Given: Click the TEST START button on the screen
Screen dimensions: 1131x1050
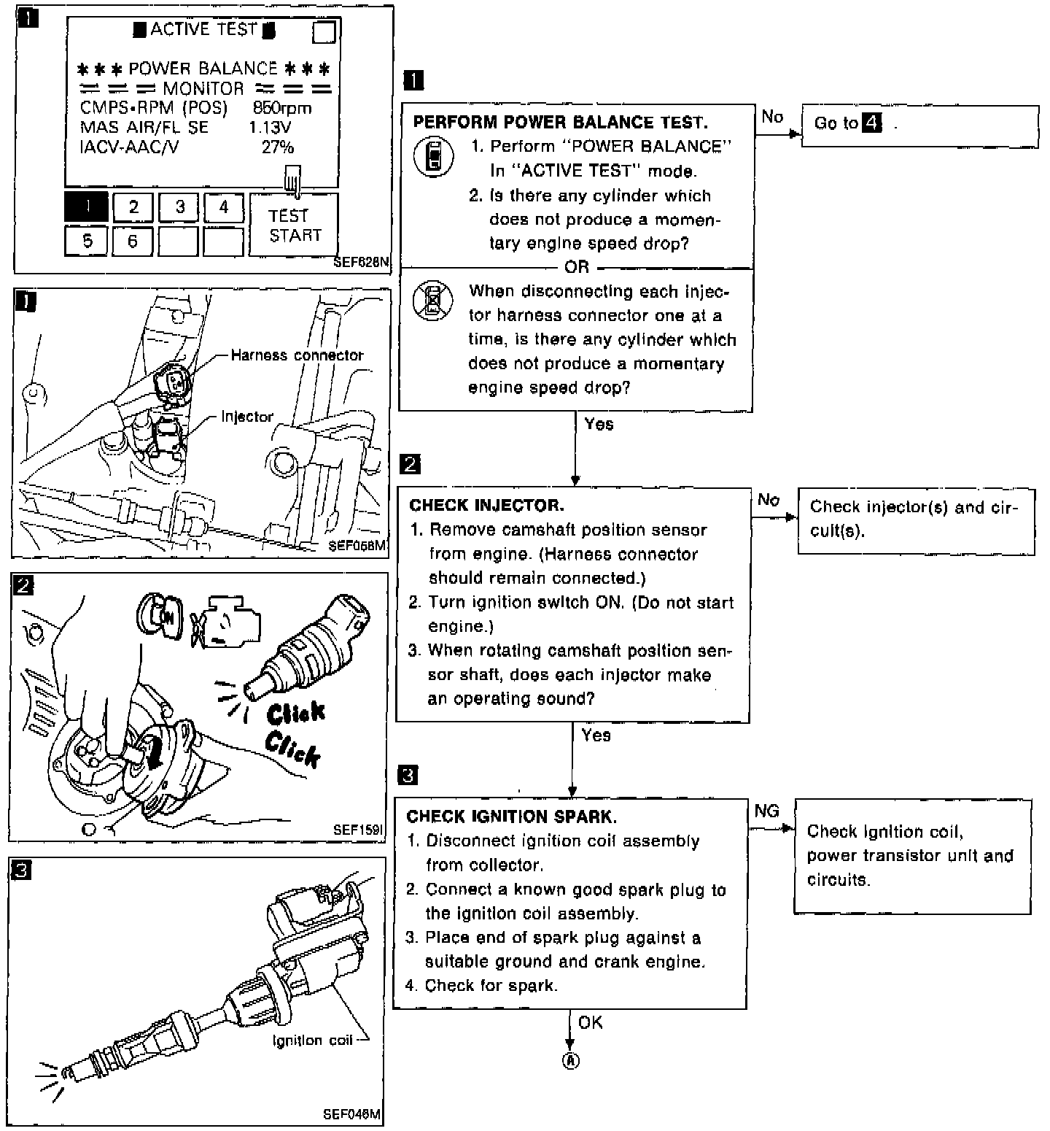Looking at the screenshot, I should pyautogui.click(x=294, y=225).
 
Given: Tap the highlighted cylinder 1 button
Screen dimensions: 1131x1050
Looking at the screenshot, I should pyautogui.click(x=86, y=207).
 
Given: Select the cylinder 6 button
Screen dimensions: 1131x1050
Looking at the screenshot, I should pyautogui.click(x=132, y=241).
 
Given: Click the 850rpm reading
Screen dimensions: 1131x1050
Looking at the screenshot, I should pyautogui.click(x=282, y=108).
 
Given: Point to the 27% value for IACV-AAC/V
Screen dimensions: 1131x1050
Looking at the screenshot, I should pyautogui.click(x=278, y=147).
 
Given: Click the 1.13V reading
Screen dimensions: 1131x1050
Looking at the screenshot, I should pyautogui.click(x=270, y=128).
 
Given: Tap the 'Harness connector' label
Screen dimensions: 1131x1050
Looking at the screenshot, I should pyautogui.click(x=297, y=355).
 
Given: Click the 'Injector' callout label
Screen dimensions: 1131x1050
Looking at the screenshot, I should pyautogui.click(x=247, y=417).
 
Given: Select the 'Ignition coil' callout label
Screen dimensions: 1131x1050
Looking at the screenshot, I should pyautogui.click(x=312, y=1041).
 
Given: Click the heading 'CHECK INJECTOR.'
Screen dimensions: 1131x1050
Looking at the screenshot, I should pyautogui.click(x=486, y=506).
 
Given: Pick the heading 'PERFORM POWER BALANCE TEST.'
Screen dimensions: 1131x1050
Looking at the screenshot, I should pyautogui.click(x=560, y=122).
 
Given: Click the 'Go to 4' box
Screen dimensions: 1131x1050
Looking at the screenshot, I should pyautogui.click(x=919, y=126).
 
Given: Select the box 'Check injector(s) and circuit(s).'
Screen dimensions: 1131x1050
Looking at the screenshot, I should pyautogui.click(x=916, y=520).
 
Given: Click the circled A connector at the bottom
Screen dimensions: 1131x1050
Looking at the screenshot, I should pyautogui.click(x=570, y=1060).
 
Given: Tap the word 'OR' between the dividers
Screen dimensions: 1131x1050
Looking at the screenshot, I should pyautogui.click(x=576, y=267).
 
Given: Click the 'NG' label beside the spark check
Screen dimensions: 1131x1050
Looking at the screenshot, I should pyautogui.click(x=767, y=811).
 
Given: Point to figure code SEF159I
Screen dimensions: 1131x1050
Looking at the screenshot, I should pyautogui.click(x=358, y=830).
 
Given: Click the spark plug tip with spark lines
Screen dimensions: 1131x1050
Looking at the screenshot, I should pyautogui.click(x=69, y=1073).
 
